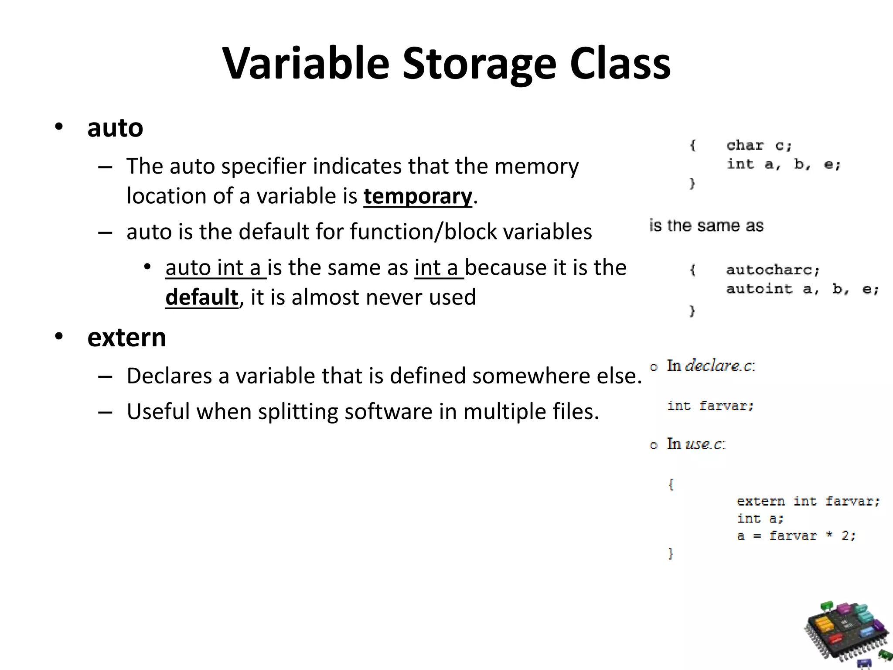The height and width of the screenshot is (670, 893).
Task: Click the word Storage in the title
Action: [x=479, y=64]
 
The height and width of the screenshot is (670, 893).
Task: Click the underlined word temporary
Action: [x=418, y=196]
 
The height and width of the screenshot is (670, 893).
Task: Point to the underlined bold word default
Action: [x=202, y=297]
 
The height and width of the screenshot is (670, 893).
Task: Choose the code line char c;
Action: [x=759, y=145]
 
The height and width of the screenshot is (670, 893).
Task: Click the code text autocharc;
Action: [x=773, y=270]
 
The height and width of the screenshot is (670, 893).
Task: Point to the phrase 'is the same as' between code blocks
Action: [x=706, y=226]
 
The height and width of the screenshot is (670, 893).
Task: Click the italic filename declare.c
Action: [x=719, y=366]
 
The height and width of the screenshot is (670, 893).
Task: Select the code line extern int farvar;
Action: [x=808, y=501]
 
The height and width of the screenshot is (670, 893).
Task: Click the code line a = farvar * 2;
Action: [x=796, y=536]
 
